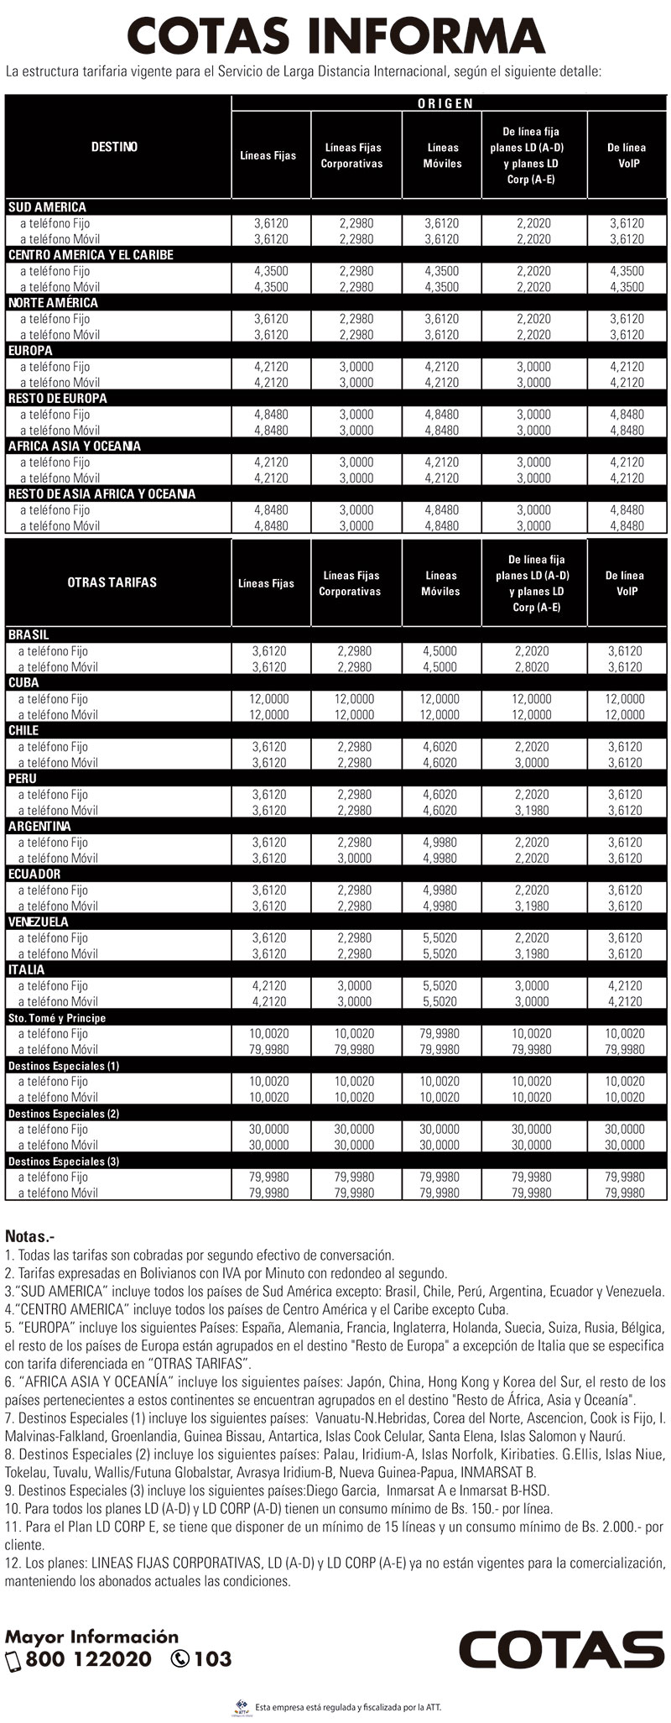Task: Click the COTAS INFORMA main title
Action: [335, 35]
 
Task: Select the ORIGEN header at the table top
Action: [445, 103]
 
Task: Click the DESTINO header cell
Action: [114, 147]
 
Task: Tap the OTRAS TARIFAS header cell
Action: [112, 582]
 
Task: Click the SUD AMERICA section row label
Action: [47, 207]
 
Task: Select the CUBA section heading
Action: [23, 682]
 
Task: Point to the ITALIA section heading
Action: [26, 969]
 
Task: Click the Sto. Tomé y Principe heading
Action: [57, 1018]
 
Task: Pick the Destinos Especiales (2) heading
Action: [64, 1114]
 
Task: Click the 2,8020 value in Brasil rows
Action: [533, 667]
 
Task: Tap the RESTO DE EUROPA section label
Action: [58, 399]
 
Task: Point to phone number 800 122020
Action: [89, 1659]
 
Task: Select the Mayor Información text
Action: [92, 1637]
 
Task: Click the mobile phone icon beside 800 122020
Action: [13, 1660]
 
